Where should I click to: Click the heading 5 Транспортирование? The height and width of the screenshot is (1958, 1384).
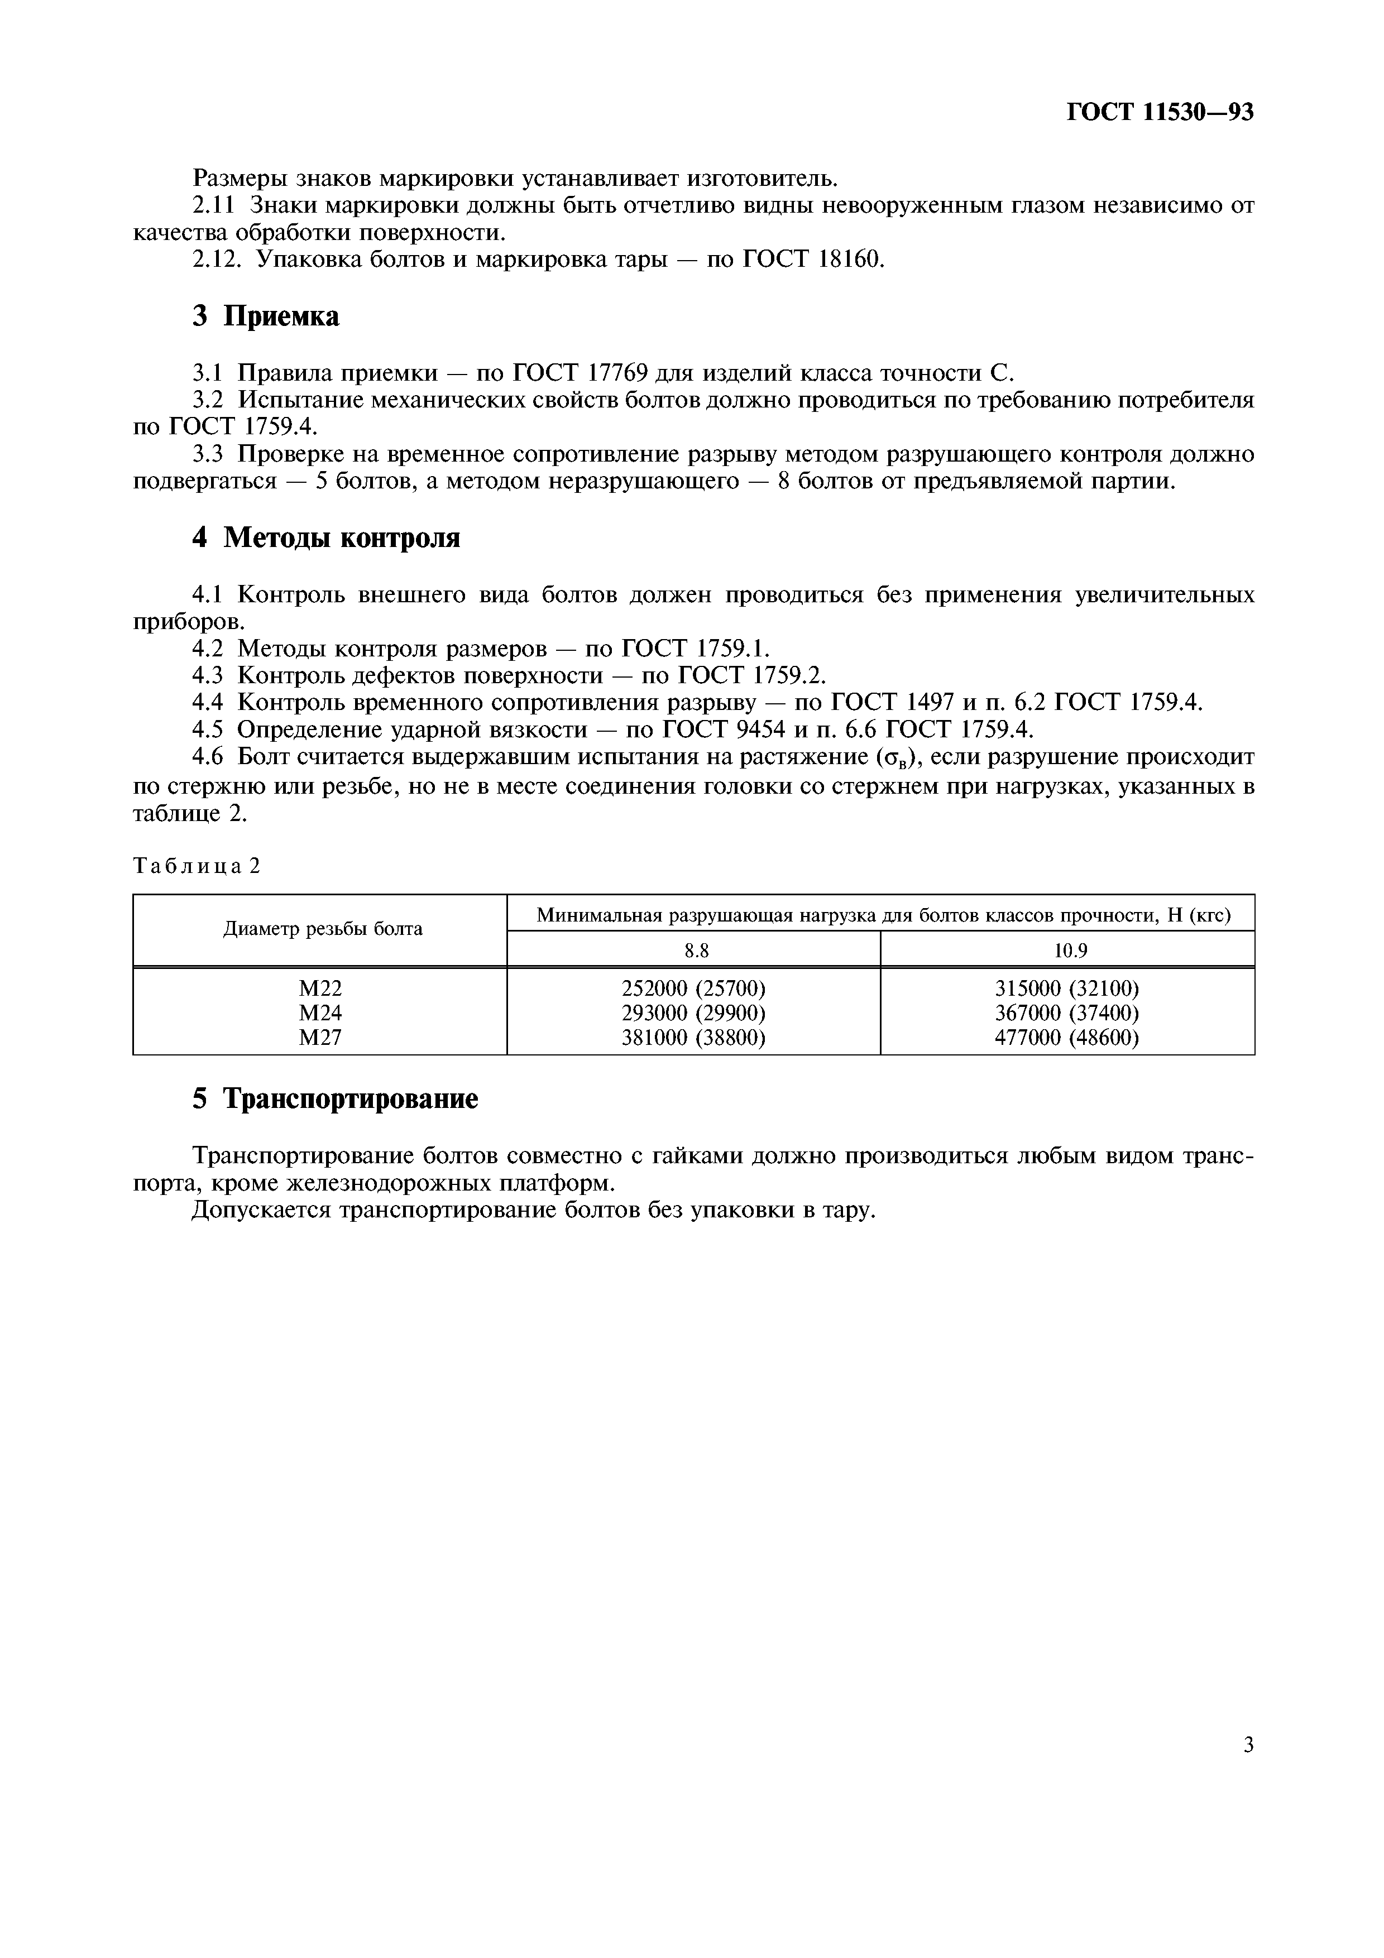pos(335,1099)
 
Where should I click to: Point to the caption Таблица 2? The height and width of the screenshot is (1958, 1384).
pos(196,866)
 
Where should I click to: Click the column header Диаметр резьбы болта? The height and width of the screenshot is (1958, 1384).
pos(322,929)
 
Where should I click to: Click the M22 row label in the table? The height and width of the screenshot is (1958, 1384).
pos(320,988)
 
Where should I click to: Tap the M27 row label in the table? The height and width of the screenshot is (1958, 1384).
pos(320,1038)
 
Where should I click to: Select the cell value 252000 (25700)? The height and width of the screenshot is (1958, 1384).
pos(693,988)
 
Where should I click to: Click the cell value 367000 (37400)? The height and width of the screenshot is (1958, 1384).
pos(1067,1013)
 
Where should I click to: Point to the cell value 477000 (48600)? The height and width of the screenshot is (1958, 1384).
pos(1067,1038)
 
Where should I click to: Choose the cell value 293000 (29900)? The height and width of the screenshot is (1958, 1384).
pos(693,1013)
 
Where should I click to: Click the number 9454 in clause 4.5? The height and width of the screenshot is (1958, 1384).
pos(760,730)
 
